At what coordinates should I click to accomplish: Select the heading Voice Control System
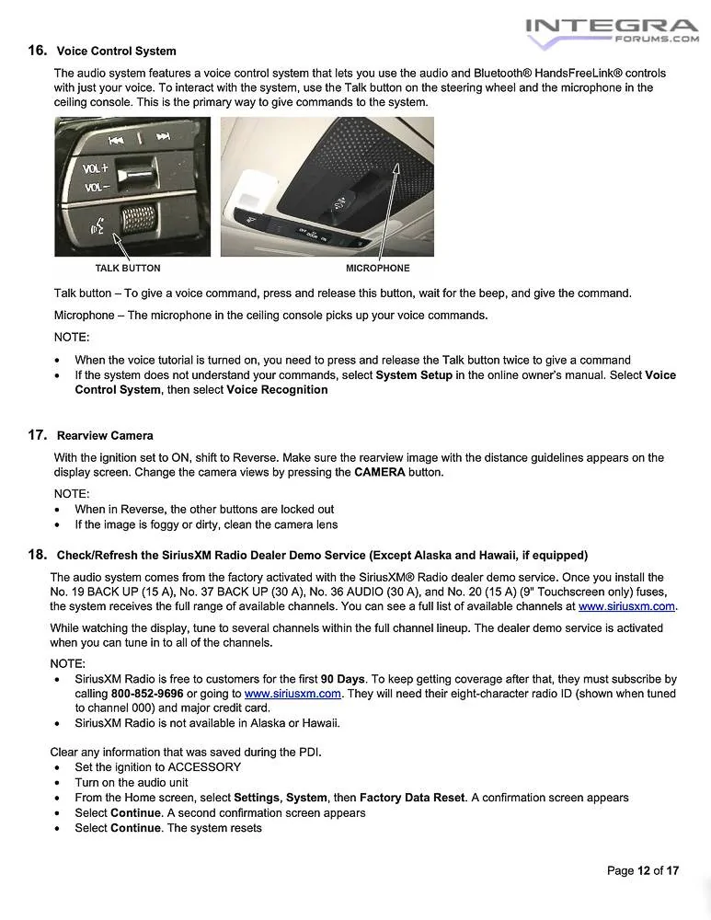(x=116, y=51)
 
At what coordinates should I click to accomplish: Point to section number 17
(x=37, y=435)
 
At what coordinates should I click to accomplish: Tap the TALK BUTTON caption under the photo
(x=128, y=269)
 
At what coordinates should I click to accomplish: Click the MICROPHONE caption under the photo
(x=377, y=269)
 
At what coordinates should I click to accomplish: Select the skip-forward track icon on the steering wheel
(x=163, y=139)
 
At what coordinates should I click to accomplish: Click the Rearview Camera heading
(x=105, y=435)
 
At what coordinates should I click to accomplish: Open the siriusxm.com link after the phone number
(x=292, y=694)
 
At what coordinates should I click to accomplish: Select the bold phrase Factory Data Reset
(x=412, y=798)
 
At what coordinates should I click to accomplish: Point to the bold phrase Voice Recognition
(x=277, y=390)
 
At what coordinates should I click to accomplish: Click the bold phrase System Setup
(x=414, y=375)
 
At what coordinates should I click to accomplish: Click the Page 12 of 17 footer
(x=643, y=870)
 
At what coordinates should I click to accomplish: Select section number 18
(x=37, y=555)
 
